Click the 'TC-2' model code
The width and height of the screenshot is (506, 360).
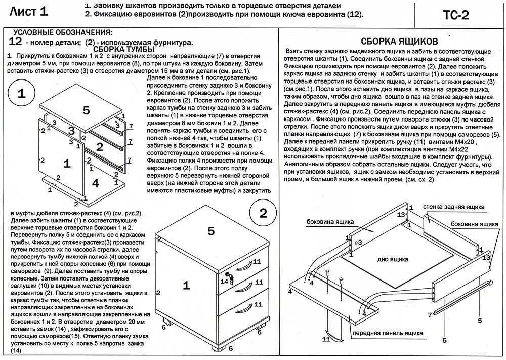[x=456, y=15]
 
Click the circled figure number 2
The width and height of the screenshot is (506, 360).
[x=263, y=213]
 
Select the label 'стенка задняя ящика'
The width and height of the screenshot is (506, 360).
[x=453, y=207]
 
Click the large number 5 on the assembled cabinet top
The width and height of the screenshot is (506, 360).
[x=212, y=231]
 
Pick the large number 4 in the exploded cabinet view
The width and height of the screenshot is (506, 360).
[x=96, y=183]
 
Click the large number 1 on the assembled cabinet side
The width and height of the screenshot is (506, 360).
[x=186, y=286]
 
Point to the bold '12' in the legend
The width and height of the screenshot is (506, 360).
[x=15, y=41]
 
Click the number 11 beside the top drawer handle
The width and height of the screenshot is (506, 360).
[x=257, y=261]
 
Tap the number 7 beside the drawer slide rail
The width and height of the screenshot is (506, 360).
[x=430, y=315]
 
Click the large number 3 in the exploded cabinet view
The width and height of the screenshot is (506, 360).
[x=72, y=131]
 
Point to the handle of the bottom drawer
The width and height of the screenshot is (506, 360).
[x=244, y=306]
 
